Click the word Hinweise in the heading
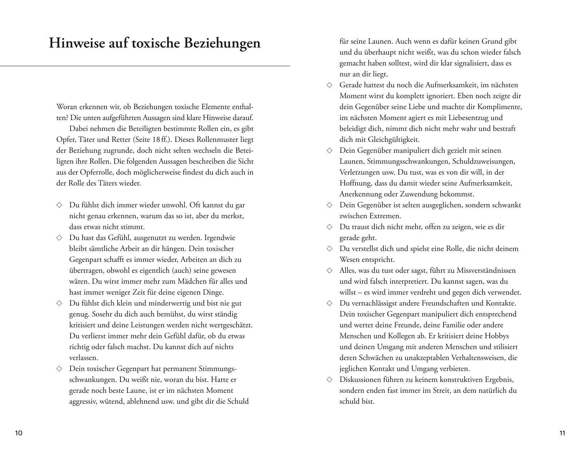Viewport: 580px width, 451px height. pyautogui.click(x=77, y=43)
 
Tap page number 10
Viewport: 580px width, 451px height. pyautogui.click(x=19, y=433)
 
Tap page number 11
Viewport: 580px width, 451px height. pyautogui.click(x=562, y=433)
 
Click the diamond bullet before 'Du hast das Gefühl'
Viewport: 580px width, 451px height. pyautogui.click(x=59, y=238)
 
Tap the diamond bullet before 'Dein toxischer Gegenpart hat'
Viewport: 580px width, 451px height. pyautogui.click(x=59, y=368)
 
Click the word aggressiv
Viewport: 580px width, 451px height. pyautogui.click(x=82, y=402)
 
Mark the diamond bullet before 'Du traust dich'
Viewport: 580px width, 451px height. pyautogui.click(x=329, y=227)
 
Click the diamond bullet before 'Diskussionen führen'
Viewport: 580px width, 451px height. pyautogui.click(x=329, y=379)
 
